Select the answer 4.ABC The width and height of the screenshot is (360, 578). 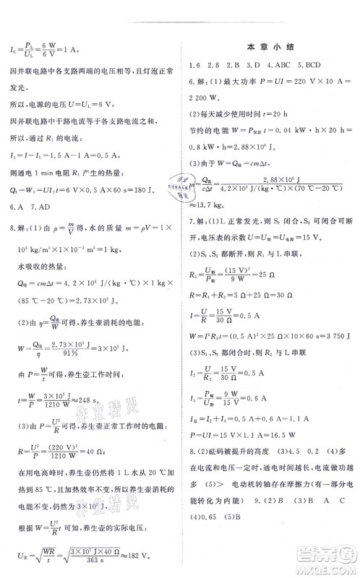271,64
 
